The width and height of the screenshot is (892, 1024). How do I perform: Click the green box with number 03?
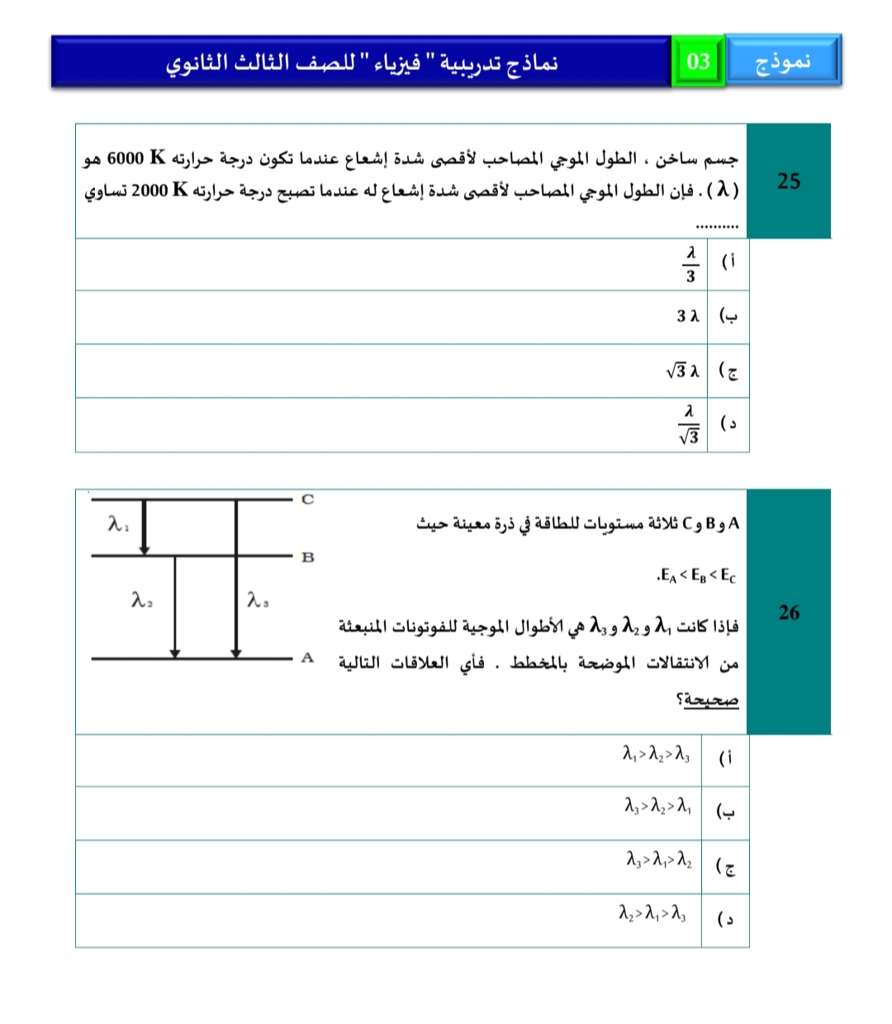click(698, 61)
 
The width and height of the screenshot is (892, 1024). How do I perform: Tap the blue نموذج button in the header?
click(782, 61)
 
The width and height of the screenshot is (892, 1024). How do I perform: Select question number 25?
click(789, 181)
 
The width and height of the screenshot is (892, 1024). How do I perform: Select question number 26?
click(789, 612)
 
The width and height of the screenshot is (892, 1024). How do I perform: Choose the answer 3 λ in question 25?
click(688, 316)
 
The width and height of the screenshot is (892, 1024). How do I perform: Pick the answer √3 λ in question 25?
click(683, 371)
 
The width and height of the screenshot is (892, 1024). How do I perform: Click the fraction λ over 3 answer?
click(690, 264)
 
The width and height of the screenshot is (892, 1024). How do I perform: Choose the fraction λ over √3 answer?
click(690, 424)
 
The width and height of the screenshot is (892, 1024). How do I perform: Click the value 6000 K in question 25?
click(136, 157)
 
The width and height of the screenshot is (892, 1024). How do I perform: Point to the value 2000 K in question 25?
click(159, 190)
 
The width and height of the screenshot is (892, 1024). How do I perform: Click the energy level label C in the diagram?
click(308, 499)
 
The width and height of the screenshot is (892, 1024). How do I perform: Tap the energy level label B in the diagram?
click(308, 557)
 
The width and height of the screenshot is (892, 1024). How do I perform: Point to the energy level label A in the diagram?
click(307, 658)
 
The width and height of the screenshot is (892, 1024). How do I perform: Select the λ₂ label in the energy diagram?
click(142, 600)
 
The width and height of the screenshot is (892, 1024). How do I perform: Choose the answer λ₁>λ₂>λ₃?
click(657, 753)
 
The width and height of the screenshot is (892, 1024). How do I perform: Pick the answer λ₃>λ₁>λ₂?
click(659, 860)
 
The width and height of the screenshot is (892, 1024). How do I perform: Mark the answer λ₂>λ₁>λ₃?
click(652, 913)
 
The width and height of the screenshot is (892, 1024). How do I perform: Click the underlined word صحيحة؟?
click(708, 699)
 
